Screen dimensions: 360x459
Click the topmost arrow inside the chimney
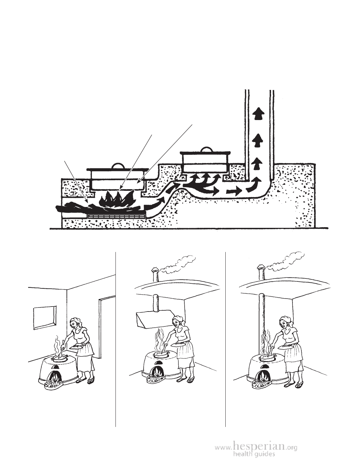click(x=259, y=114)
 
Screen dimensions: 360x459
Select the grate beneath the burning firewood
click(x=116, y=216)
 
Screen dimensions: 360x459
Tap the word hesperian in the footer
click(x=259, y=446)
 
